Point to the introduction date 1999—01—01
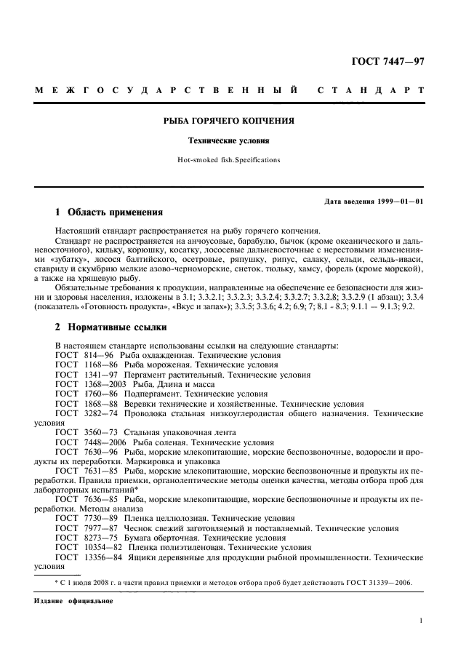(x=398, y=201)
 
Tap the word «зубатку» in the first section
(x=65, y=258)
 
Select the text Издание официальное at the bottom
(x=73, y=602)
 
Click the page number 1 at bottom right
(x=421, y=621)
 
